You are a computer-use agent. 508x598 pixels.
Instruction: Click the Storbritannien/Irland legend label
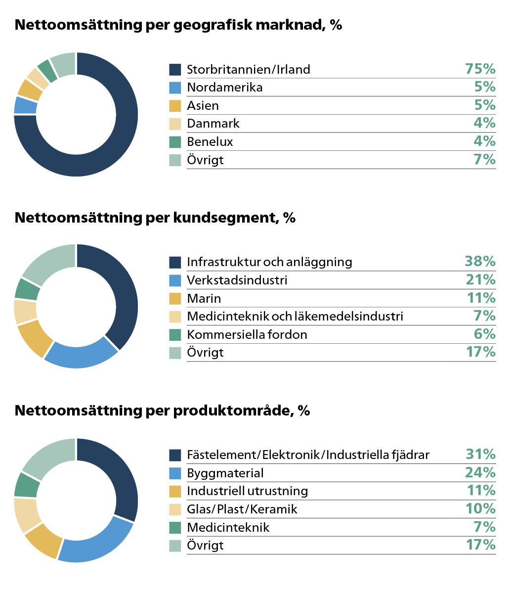[x=248, y=69]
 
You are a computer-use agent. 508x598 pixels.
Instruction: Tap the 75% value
[x=480, y=69]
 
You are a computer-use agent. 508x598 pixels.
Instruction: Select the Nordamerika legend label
[x=224, y=88]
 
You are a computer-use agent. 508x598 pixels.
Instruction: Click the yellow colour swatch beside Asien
[x=175, y=106]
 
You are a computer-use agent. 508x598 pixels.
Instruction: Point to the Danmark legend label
[x=213, y=124]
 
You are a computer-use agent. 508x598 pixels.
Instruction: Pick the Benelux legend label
[x=210, y=142]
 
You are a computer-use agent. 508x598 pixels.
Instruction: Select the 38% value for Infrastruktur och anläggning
[x=480, y=261]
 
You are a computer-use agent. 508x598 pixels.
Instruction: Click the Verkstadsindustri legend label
[x=237, y=280]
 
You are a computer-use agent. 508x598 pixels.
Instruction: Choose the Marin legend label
[x=204, y=299]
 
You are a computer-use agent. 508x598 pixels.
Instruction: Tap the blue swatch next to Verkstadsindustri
[x=175, y=280]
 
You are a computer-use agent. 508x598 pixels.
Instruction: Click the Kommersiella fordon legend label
[x=247, y=335]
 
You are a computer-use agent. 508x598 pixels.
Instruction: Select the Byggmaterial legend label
[x=225, y=473]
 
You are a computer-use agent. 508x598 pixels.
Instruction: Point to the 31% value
[x=480, y=454]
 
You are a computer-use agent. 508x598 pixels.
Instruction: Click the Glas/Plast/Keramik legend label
[x=242, y=509]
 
